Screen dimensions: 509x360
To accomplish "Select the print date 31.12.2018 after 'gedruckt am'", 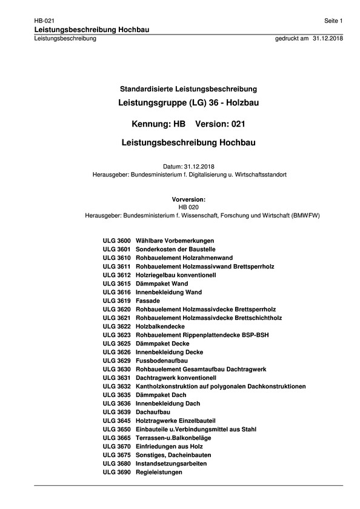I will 328,38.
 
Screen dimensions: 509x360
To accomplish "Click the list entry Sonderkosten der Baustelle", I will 176,250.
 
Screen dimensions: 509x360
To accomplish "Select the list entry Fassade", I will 148,301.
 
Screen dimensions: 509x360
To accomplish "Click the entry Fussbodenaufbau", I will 161,360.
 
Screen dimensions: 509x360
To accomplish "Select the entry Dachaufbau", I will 153,411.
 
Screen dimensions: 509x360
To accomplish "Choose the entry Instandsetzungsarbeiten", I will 172,463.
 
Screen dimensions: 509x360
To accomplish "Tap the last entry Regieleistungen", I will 159,471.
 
